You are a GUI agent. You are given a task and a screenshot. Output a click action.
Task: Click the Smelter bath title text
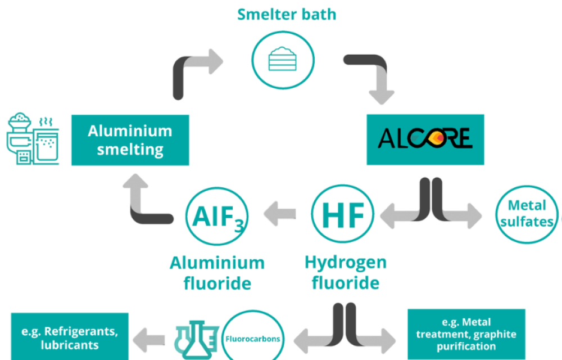pyautogui.click(x=286, y=14)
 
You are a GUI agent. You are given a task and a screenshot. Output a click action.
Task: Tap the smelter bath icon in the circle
pyautogui.click(x=282, y=57)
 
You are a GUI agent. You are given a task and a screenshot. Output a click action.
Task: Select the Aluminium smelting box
pyautogui.click(x=130, y=140)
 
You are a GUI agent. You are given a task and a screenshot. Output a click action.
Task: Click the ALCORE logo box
pyautogui.click(x=425, y=139)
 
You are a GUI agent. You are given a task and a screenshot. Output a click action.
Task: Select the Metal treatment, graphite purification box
pyautogui.click(x=466, y=334)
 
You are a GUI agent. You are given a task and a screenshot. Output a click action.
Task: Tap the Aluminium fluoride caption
pyautogui.click(x=217, y=273)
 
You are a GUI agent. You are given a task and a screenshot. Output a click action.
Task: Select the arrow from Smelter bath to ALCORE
pyautogui.click(x=371, y=73)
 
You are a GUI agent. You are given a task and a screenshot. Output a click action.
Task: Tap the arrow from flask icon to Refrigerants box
pyautogui.click(x=149, y=339)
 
